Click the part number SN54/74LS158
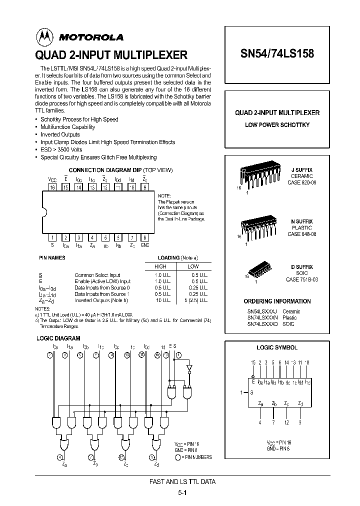pyautogui.click(x=277, y=53)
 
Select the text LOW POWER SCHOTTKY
pyautogui.click(x=277, y=124)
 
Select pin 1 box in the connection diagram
pyautogui.click(x=52, y=237)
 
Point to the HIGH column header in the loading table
pyautogui.click(x=160, y=266)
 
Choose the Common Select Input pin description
pyautogui.click(x=97, y=275)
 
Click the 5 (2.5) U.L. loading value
pyautogui.click(x=193, y=300)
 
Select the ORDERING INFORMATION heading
pyautogui.click(x=277, y=301)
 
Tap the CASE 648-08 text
pyautogui.click(x=301, y=234)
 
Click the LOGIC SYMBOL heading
pyautogui.click(x=276, y=347)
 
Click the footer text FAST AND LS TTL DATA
pyautogui.click(x=183, y=481)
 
